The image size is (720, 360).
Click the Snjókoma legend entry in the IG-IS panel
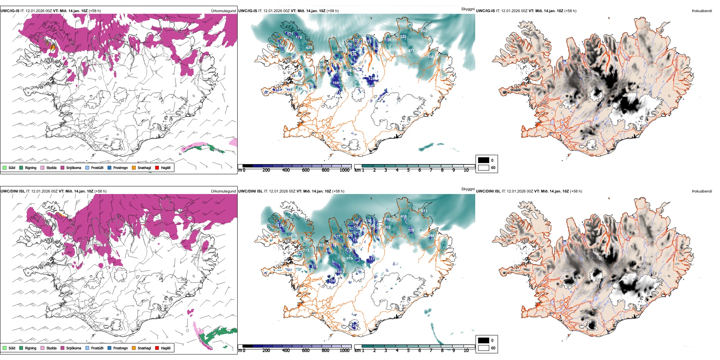click(73, 167)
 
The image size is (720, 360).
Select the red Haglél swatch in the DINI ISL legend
click(157, 348)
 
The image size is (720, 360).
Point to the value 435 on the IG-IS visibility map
click(309, 48)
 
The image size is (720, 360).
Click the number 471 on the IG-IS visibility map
click(411, 51)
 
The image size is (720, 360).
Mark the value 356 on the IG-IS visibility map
click(430, 57)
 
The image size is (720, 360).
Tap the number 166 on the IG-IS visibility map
click(336, 83)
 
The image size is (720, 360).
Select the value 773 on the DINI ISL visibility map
click(306, 250)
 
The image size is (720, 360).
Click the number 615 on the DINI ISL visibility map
click(349, 258)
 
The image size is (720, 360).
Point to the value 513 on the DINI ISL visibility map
click(424, 211)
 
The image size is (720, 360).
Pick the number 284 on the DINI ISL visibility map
click(431, 236)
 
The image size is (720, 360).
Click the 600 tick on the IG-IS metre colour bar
click(306, 170)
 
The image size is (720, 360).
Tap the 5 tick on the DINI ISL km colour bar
click(409, 351)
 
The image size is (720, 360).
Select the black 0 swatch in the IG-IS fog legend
click(484, 160)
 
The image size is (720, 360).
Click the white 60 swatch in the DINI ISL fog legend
click(484, 347)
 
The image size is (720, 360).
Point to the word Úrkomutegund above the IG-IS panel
click(223, 11)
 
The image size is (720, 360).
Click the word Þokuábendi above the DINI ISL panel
click(702, 191)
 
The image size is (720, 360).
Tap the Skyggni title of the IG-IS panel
click(468, 9)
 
